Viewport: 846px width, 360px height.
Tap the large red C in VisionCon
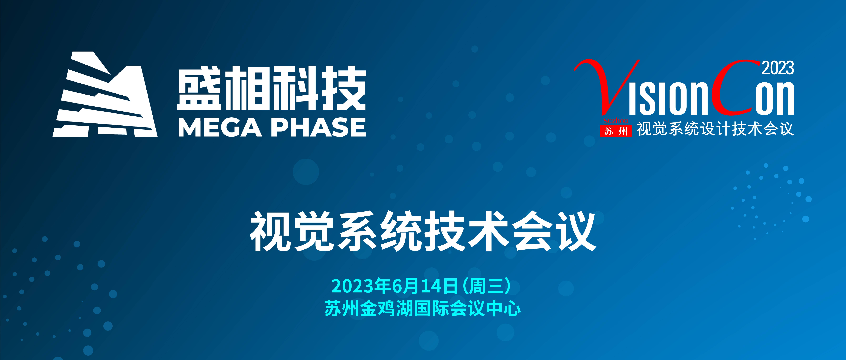click(x=736, y=87)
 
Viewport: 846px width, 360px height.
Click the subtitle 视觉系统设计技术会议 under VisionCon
click(x=715, y=129)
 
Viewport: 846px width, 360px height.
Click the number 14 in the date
click(x=430, y=286)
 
